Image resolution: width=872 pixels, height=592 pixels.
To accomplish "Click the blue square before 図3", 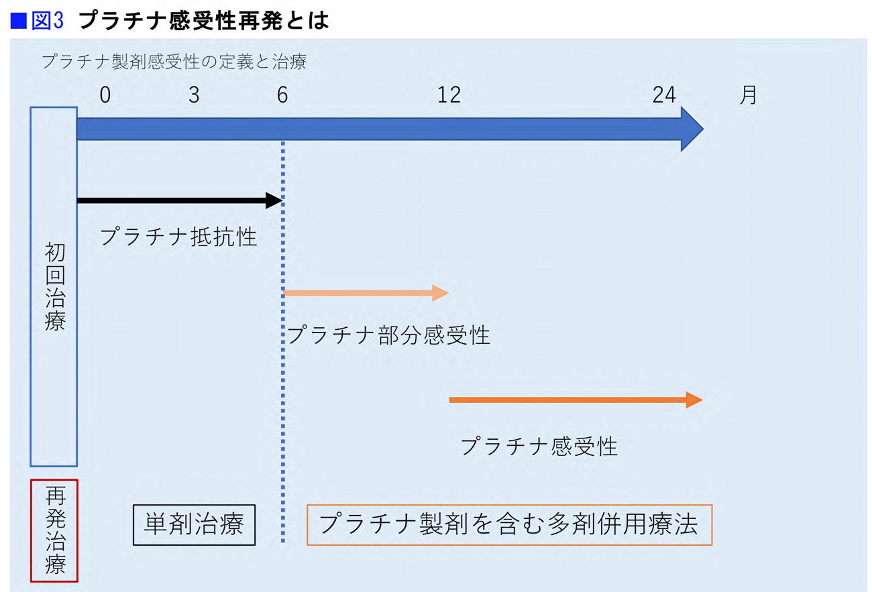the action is coord(18,21).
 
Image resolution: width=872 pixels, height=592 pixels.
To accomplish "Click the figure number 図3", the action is coord(47,21).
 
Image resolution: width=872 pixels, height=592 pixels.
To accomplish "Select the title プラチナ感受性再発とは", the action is coord(204,21).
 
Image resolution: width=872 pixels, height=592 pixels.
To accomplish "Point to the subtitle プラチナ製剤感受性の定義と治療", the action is coord(174,62).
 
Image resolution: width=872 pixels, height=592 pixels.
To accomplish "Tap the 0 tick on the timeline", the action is coord(105,95).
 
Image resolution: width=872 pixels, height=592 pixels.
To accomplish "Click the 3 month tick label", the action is coord(194,95).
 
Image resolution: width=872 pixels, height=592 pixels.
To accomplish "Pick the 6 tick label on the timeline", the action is coord(282,95).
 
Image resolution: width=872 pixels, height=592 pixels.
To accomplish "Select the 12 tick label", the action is coord(449,95).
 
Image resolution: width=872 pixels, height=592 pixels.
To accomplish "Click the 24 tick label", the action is coord(664,95).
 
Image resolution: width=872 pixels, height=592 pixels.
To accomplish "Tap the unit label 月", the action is coord(748,95).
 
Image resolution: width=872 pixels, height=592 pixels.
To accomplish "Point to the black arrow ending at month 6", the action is coord(180,200).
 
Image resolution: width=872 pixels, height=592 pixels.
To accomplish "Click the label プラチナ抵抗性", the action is coord(178,237).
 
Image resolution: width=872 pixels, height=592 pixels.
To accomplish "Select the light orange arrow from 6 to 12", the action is coord(366,293).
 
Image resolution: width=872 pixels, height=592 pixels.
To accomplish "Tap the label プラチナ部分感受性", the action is coord(388,335).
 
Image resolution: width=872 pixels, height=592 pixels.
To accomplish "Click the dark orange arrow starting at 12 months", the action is coord(576,400).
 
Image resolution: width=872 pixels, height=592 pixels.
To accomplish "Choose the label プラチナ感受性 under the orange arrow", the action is coord(539,446).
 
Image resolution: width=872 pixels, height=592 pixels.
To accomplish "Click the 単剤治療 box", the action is coord(195,525).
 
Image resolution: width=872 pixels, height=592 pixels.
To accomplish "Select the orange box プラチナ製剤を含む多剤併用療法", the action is coord(509,525).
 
